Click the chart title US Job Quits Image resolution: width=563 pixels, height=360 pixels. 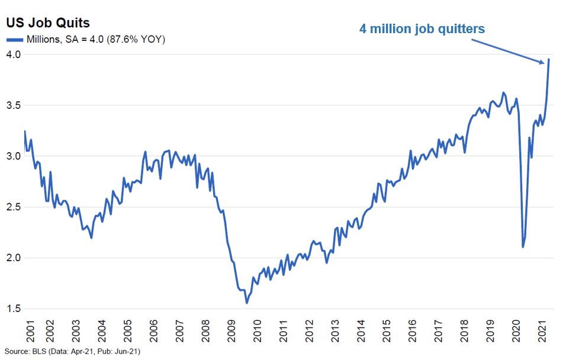(x=47, y=23)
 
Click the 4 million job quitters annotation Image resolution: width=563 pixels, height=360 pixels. (x=422, y=28)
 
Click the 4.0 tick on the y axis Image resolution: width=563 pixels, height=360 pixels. (x=14, y=54)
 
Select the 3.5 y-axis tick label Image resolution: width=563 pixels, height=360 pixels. (x=14, y=105)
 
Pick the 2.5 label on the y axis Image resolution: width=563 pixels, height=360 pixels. (x=14, y=207)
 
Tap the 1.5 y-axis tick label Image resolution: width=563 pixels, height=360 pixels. (x=14, y=309)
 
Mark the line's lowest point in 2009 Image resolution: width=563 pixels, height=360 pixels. (x=247, y=303)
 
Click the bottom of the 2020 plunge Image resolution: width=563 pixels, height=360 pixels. (x=523, y=247)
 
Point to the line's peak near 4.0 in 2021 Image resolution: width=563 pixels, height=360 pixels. (x=549, y=59)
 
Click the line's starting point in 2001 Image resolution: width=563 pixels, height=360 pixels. (x=24, y=131)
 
